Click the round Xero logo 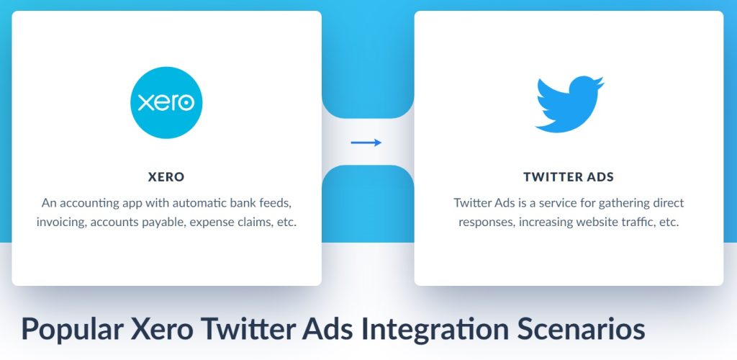(166, 102)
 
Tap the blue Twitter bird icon (569, 104)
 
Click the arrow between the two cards (366, 143)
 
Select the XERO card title (166, 177)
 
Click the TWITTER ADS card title (569, 177)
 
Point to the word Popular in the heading (71, 330)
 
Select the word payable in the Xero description (165, 222)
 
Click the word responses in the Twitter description (486, 222)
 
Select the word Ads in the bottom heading (328, 328)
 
